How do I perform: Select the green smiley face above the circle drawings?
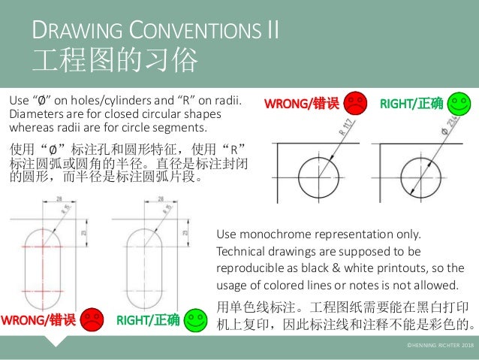tap(457, 103)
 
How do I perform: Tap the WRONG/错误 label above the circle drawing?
tap(300, 104)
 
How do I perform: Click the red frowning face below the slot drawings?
tap(92, 320)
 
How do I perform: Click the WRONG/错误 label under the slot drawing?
tap(39, 322)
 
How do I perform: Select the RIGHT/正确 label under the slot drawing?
tap(148, 322)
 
